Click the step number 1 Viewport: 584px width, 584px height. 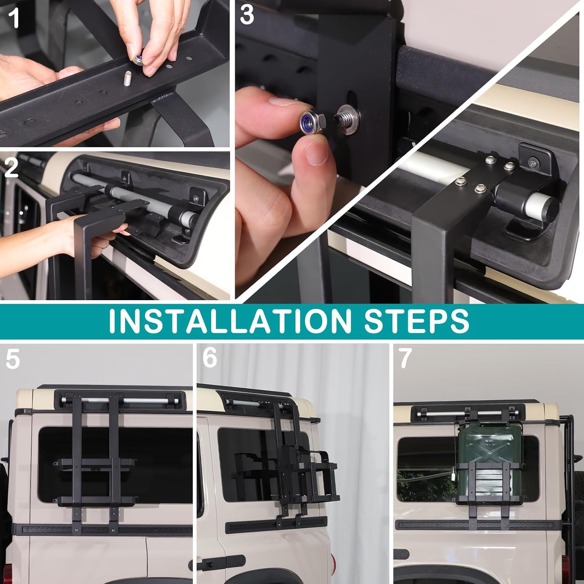(14, 18)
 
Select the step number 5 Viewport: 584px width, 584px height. (12, 359)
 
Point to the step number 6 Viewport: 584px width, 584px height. (210, 357)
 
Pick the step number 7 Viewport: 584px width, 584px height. (405, 358)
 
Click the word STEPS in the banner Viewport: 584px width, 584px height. (416, 321)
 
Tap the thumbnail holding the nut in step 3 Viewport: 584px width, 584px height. (316, 153)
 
